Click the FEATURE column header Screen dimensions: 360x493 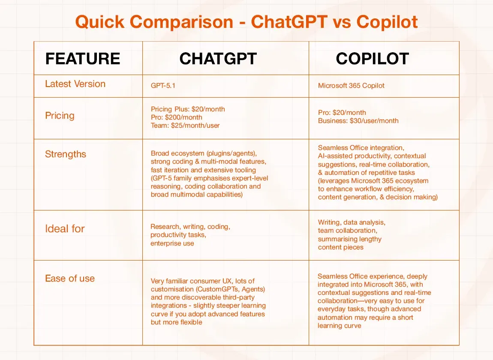pyautogui.click(x=83, y=59)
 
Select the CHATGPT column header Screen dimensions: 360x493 pyautogui.click(x=218, y=59)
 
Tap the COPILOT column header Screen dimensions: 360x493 pyautogui.click(x=372, y=59)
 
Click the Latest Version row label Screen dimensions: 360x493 pyautogui.click(x=75, y=84)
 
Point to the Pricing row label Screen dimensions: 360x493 pyautogui.click(x=60, y=116)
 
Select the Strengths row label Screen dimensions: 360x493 pyautogui.click(x=66, y=154)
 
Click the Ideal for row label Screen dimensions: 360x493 pyautogui.click(x=65, y=229)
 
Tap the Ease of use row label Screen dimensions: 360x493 pyautogui.click(x=70, y=279)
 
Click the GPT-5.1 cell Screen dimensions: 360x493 pyautogui.click(x=163, y=86)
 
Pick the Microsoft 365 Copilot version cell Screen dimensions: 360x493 pyautogui.click(x=351, y=86)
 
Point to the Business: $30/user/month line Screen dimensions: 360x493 pyautogui.click(x=358, y=121)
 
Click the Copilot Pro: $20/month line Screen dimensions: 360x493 pyautogui.click(x=342, y=112)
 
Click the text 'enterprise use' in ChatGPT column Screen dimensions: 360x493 pyautogui.click(x=172, y=243)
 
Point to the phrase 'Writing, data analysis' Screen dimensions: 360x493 pyautogui.click(x=351, y=222)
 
